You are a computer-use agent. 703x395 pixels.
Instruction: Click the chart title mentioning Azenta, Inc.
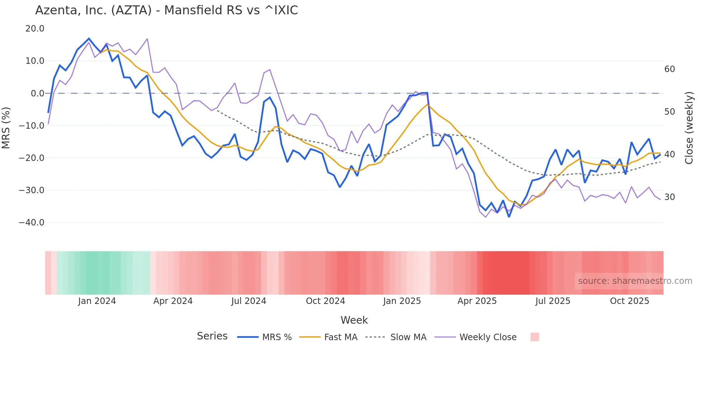point(166,10)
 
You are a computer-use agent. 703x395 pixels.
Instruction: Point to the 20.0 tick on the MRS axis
point(35,29)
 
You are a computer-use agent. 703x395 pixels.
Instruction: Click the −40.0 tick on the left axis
point(32,223)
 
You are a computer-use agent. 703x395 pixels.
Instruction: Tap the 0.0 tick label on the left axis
point(37,94)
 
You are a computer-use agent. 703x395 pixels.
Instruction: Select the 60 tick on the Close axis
point(669,69)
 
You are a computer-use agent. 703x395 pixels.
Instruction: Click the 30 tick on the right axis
point(669,197)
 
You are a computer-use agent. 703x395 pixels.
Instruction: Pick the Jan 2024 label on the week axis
point(97,301)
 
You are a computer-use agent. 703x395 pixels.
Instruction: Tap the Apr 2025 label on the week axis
point(477,301)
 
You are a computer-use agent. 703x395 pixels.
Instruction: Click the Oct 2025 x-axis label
point(629,301)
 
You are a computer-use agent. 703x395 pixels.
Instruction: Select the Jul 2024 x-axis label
point(249,301)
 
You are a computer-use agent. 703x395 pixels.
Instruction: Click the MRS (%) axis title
point(6,128)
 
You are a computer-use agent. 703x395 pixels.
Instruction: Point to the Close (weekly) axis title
point(689,128)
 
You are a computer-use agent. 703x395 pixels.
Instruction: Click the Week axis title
point(354,320)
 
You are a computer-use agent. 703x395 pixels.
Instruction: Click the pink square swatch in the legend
point(534,337)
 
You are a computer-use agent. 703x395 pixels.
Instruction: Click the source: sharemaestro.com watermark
point(635,281)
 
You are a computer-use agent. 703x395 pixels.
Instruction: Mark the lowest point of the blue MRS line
point(509,217)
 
